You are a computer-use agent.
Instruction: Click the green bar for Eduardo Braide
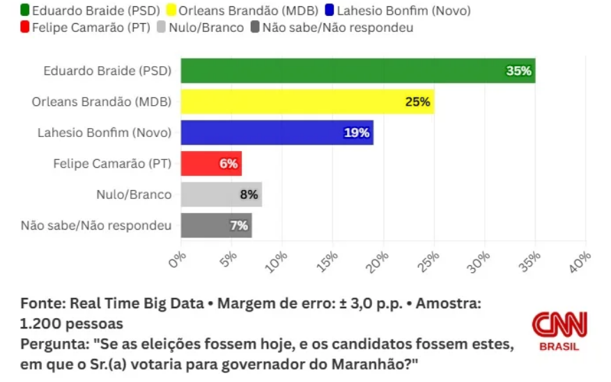[x=357, y=71]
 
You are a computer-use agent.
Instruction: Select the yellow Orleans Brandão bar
[x=307, y=102]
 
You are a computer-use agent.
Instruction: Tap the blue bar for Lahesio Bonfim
[x=277, y=132]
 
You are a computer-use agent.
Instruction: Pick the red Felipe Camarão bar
[x=211, y=164]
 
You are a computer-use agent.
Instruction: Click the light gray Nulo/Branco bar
[x=221, y=195]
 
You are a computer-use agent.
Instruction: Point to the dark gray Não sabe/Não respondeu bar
[x=216, y=225]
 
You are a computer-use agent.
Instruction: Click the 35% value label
[x=519, y=71]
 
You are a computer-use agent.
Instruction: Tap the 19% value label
[x=357, y=132]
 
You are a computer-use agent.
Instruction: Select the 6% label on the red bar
[x=229, y=164]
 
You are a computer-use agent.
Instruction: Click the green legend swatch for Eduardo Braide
[x=26, y=10]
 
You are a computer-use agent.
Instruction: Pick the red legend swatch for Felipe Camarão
[x=26, y=28]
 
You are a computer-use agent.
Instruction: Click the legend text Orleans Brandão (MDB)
[x=249, y=10]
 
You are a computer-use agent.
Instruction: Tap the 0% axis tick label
[x=178, y=259]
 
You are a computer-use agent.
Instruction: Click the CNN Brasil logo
[x=559, y=331]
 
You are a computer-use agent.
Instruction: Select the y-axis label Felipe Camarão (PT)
[x=112, y=164]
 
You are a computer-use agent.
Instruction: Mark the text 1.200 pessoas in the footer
[x=72, y=324]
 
